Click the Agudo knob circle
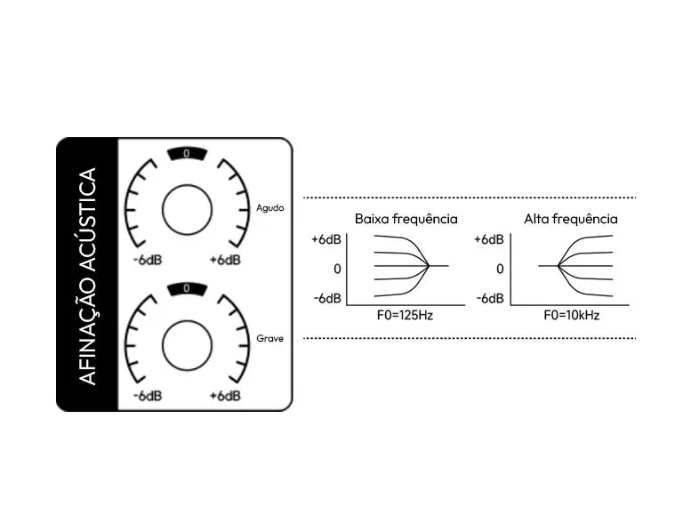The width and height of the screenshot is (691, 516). pyautogui.click(x=187, y=210)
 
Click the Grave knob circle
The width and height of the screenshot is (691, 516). pyautogui.click(x=187, y=346)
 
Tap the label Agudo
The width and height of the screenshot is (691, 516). pyautogui.click(x=270, y=208)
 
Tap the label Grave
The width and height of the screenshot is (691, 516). pyautogui.click(x=270, y=338)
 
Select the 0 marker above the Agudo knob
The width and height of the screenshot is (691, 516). pyautogui.click(x=187, y=154)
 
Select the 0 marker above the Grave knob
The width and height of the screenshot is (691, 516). pyautogui.click(x=187, y=288)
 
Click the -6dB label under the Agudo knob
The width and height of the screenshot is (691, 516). pyautogui.click(x=148, y=260)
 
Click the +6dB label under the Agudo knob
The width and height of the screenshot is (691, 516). pyautogui.click(x=225, y=260)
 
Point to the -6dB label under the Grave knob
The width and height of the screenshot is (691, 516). pyautogui.click(x=148, y=396)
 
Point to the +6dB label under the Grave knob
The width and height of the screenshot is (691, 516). pyautogui.click(x=225, y=396)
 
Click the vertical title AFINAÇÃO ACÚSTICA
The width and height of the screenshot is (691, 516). pyautogui.click(x=87, y=276)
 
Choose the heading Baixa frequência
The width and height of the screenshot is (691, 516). pyautogui.click(x=406, y=219)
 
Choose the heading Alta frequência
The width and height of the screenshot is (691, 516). pyautogui.click(x=571, y=219)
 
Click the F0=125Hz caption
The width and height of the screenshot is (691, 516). pyautogui.click(x=405, y=315)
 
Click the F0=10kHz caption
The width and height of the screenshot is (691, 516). pyautogui.click(x=572, y=315)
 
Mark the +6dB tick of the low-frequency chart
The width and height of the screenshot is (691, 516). pyautogui.click(x=326, y=239)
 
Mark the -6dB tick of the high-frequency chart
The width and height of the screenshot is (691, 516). pyautogui.click(x=490, y=299)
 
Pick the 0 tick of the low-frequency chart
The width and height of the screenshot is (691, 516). pyautogui.click(x=338, y=269)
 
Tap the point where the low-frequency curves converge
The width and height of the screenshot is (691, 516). pyautogui.click(x=429, y=266)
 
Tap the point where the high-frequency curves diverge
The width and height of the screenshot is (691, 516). pyautogui.click(x=558, y=266)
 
